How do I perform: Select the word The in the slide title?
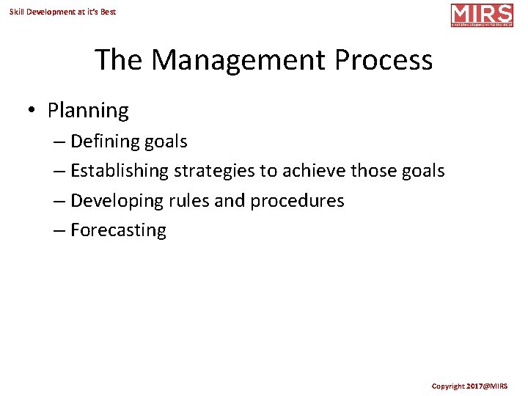coord(120,60)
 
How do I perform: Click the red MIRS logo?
coord(482,15)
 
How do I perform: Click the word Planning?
coord(88,111)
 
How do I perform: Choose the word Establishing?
coord(120,171)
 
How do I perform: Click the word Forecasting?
coord(118,230)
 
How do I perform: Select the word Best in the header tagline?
coord(108,12)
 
